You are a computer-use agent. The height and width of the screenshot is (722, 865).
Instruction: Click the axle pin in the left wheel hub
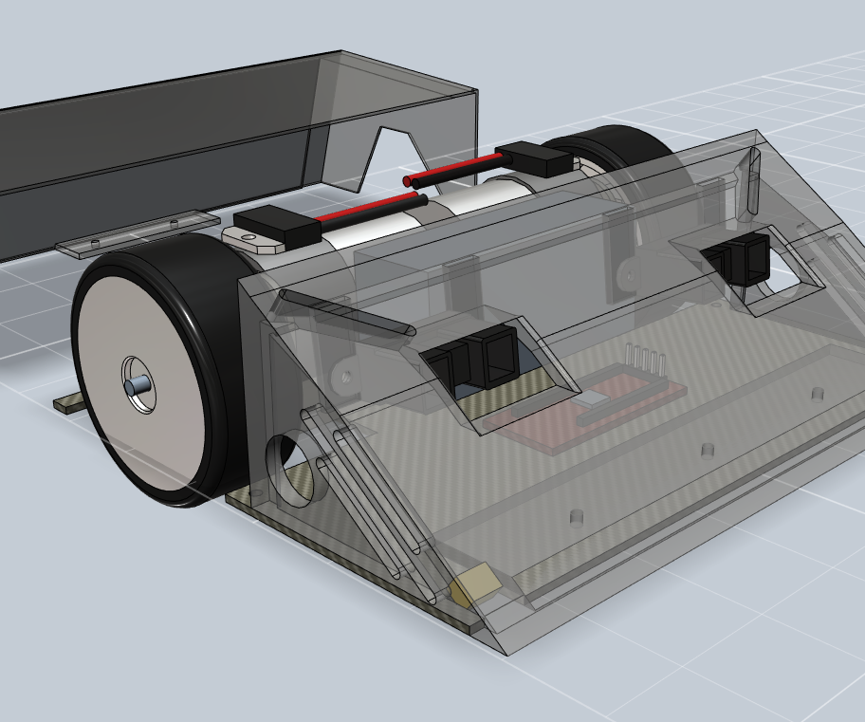coord(137,384)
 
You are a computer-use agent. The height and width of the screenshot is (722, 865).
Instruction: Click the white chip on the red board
coord(591,399)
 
